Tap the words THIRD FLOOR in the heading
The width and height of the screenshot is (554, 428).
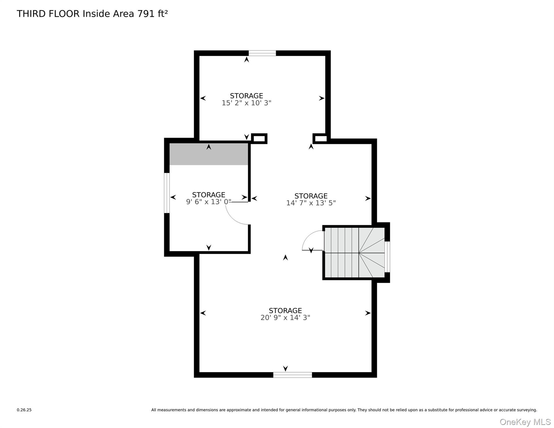(x=48, y=14)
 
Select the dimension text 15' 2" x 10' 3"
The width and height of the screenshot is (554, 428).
(x=246, y=103)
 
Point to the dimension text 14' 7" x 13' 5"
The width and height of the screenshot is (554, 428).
(x=311, y=203)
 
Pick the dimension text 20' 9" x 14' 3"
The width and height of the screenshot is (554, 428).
(x=285, y=318)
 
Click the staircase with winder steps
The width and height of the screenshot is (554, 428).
(x=354, y=253)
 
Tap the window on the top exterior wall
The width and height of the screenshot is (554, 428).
(x=262, y=53)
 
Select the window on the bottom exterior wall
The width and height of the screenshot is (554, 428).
(x=292, y=375)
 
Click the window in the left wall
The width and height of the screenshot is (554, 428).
(x=167, y=193)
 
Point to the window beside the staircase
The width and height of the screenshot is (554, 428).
(x=387, y=257)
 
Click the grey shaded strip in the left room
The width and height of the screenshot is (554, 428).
(x=208, y=154)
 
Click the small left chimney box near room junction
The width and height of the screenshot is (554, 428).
(x=259, y=138)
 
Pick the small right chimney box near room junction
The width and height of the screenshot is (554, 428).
(x=320, y=138)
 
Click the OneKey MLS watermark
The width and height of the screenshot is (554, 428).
(x=525, y=422)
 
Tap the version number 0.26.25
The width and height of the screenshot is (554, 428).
(x=24, y=410)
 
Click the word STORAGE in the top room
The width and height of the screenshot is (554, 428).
(x=246, y=96)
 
